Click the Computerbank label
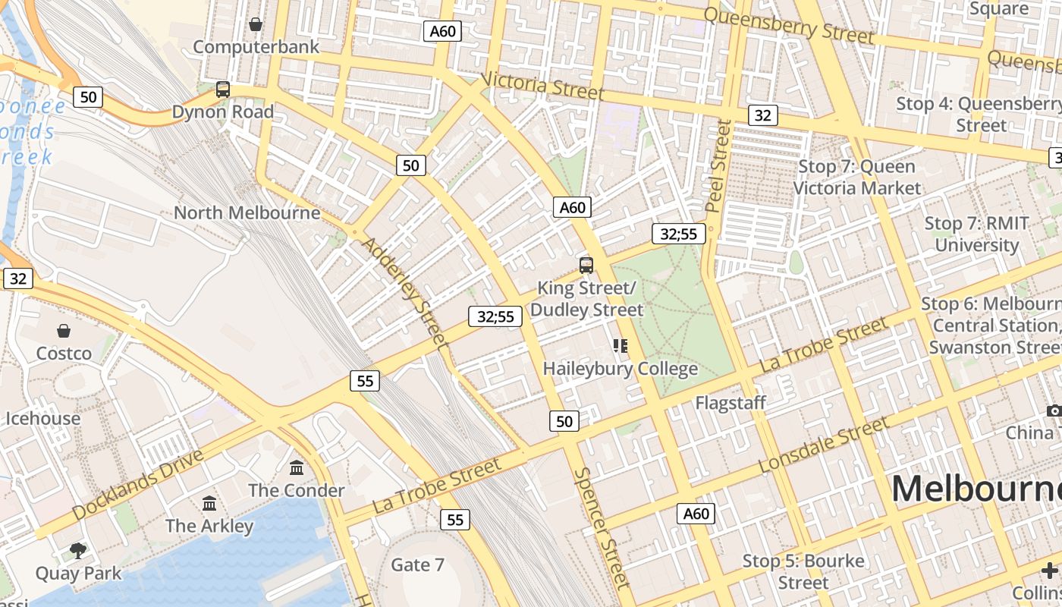256,47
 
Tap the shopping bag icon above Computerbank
256,25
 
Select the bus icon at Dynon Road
222,90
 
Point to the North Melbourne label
247,212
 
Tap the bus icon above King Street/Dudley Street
586,265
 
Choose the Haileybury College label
621,369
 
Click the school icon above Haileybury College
621,346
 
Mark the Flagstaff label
731,403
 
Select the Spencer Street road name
602,527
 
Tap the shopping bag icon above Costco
64,331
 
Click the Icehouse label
43,418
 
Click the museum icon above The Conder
297,467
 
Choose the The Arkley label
209,526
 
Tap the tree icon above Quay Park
77,550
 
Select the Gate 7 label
417,565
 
